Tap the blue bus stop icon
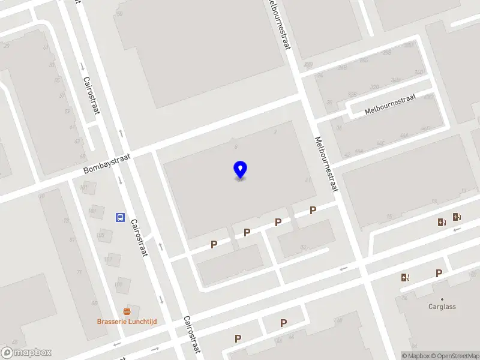click(120, 217)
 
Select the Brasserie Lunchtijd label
click(127, 322)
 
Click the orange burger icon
click(127, 311)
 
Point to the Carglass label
click(442, 307)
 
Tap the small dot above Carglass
click(442, 299)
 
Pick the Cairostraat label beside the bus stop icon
click(139, 238)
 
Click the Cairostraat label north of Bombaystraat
click(91, 95)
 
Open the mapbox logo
click(26, 353)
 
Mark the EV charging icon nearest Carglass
click(405, 277)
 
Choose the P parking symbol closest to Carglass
click(439, 273)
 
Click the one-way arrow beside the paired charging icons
click(457, 229)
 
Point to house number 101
click(83, 188)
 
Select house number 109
click(119, 284)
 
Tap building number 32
click(303, 246)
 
